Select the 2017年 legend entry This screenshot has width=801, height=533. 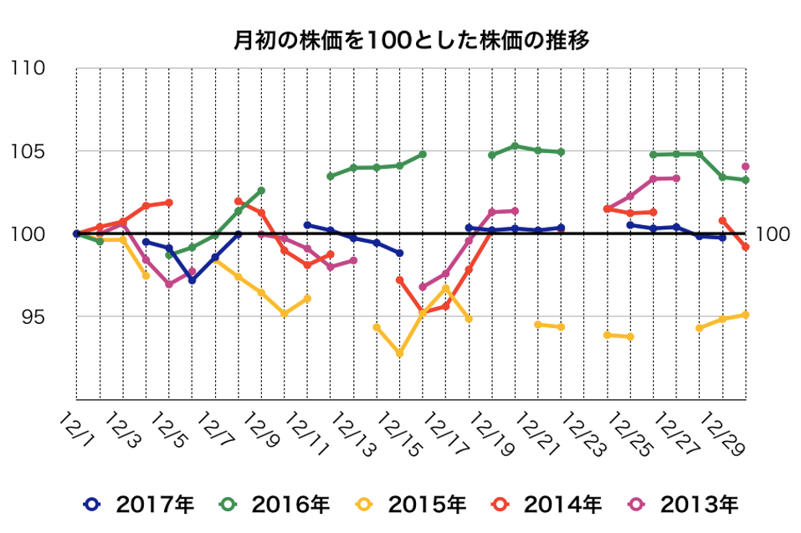pos(139,505)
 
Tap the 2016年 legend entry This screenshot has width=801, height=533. pos(275,505)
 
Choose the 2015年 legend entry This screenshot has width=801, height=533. pos(410,505)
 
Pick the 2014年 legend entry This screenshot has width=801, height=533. pos(546,505)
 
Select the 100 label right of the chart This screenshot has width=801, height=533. pos(773,234)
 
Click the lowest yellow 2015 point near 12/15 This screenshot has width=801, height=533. pos(399,354)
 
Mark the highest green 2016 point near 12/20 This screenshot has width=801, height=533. pos(515,146)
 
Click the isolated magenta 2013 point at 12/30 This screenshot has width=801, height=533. pos(746,167)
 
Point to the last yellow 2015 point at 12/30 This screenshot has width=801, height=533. pos(746,315)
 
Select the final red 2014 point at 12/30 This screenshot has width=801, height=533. pos(746,248)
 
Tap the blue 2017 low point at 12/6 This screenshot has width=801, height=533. pos(192,280)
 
